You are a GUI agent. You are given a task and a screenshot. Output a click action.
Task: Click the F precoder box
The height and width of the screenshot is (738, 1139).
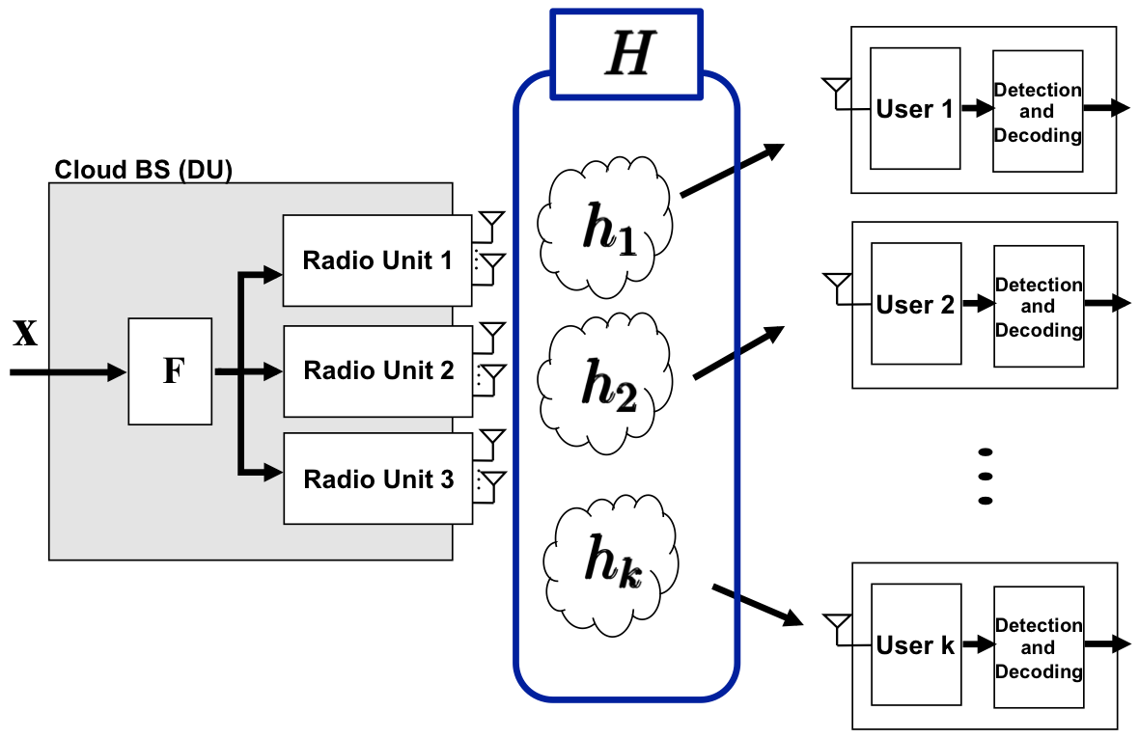tap(170, 371)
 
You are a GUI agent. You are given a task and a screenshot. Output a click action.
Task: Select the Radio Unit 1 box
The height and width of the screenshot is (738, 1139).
tap(377, 260)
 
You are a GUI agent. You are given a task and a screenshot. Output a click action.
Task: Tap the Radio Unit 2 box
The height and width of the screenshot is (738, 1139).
tap(377, 371)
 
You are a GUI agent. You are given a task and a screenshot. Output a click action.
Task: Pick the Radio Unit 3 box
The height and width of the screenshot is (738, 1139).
tap(377, 479)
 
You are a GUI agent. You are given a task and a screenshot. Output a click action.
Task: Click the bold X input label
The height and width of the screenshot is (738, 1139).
tap(25, 334)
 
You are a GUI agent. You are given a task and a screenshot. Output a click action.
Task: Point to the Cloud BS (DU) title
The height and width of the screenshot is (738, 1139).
tap(143, 170)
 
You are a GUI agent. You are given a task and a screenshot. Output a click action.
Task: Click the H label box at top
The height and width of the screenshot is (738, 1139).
tap(627, 55)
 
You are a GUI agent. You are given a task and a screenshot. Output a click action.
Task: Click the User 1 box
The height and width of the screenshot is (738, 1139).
tap(914, 109)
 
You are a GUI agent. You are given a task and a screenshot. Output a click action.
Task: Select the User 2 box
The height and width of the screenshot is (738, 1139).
tap(915, 305)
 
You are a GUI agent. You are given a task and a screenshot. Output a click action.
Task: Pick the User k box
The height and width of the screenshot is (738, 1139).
tap(914, 645)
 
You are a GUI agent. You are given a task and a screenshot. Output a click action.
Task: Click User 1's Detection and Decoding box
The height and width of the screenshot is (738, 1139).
tap(1038, 112)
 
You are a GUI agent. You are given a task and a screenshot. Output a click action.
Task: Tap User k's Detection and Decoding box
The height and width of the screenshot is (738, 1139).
tap(1038, 647)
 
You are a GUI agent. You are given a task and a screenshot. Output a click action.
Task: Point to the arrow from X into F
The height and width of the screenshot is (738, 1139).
tap(68, 371)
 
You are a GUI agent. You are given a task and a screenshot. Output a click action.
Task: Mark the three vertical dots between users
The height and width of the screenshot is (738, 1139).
tap(985, 476)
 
